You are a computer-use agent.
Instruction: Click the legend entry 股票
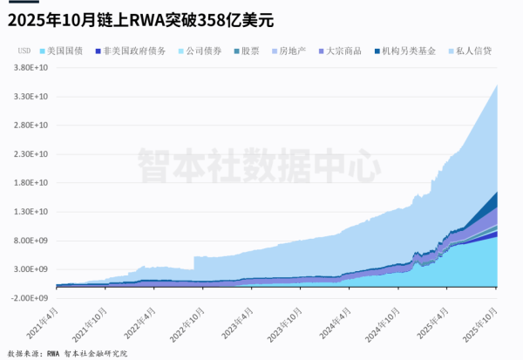(249, 51)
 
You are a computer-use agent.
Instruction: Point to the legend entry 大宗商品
(343, 51)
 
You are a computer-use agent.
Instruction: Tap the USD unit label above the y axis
(24, 51)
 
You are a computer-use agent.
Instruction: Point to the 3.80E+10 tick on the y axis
(31, 67)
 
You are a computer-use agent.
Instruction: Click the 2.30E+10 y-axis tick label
(31, 153)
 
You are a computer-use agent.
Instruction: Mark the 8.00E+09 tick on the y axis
(31, 240)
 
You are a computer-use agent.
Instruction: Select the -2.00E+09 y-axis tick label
(31, 297)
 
